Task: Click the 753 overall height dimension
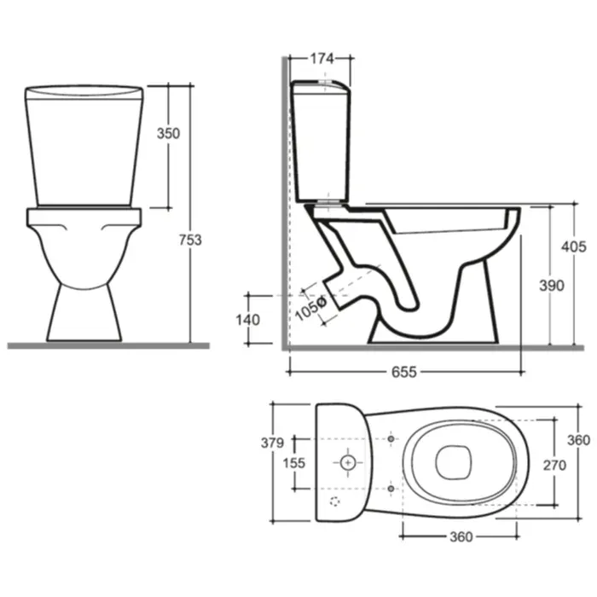coord(190,241)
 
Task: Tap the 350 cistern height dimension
coord(168,134)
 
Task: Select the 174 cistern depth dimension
coord(322,59)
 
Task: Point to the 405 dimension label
coord(573,247)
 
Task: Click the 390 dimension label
coord(552,286)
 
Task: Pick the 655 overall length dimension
coord(404,372)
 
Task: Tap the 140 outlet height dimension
coord(248,320)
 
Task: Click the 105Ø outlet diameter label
coord(310,308)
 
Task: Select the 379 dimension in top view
coord(272,443)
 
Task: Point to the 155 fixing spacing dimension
coord(294,463)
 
